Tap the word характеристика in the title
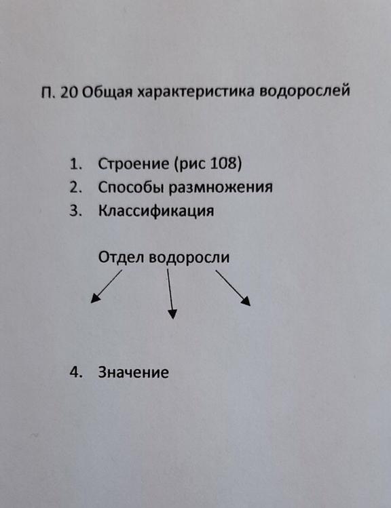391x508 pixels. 195,92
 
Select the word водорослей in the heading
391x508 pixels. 305,90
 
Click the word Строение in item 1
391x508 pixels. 133,163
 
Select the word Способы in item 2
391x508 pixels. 130,187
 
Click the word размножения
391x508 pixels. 221,188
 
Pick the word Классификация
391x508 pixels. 156,211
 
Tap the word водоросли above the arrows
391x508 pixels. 189,257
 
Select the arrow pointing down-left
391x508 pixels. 107,286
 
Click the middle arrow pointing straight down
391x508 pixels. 170,294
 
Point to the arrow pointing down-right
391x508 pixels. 233,288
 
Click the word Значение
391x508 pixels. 133,372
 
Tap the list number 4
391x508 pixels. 75,372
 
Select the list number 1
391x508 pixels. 75,164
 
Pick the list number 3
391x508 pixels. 75,211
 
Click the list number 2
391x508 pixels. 75,187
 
